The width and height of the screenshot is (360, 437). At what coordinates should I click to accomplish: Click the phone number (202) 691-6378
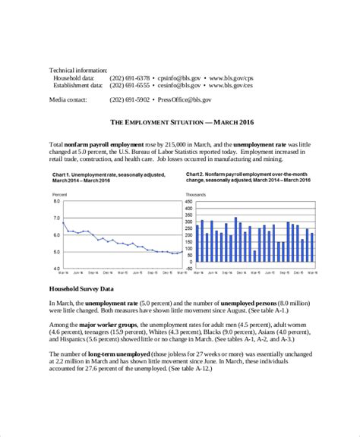click(x=130, y=77)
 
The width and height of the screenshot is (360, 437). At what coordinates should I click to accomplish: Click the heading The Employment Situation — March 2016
click(x=179, y=121)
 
